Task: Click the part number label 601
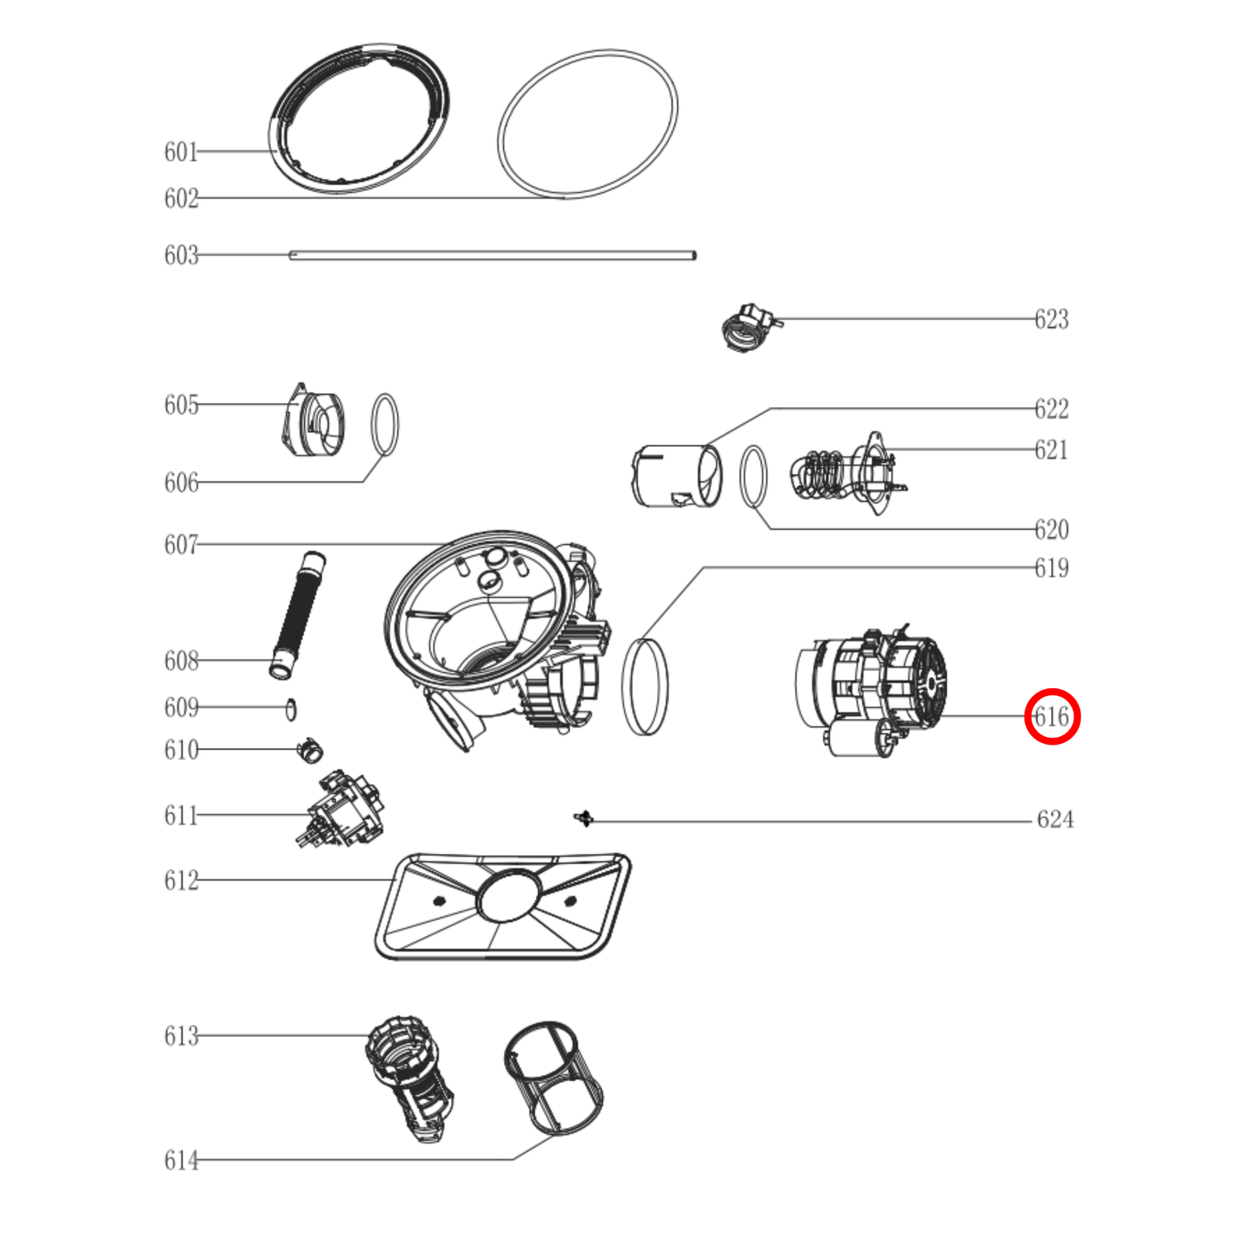[181, 152]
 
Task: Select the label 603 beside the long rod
[181, 254]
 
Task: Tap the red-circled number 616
[1052, 716]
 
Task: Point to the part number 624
[1055, 819]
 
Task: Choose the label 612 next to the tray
[181, 880]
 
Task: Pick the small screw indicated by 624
[583, 818]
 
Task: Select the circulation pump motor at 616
[871, 692]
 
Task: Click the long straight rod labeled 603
[493, 254]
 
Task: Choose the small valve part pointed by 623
[749, 328]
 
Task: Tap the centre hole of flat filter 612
[508, 896]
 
